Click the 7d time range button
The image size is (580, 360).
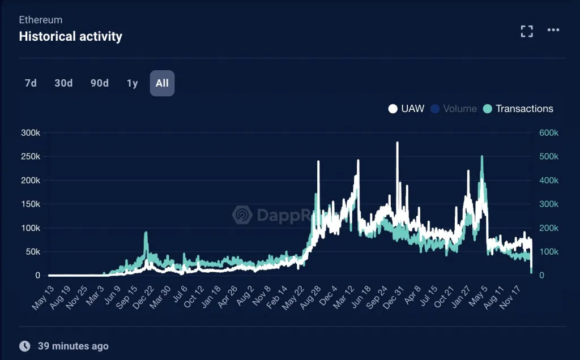[31, 83]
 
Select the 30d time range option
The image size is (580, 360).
[63, 83]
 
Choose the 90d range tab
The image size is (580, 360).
[100, 83]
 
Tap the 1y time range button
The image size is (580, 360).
[132, 83]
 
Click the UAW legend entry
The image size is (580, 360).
[406, 109]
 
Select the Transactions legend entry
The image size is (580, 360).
[518, 109]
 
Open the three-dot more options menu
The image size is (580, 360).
[553, 31]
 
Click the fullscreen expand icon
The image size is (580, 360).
[527, 31]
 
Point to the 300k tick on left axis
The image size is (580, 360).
[30, 133]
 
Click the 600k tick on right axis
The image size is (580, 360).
[548, 133]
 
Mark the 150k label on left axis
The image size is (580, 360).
[30, 204]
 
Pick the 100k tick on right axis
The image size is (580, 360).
[548, 252]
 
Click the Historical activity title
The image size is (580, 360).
[70, 37]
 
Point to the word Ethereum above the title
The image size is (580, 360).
[41, 20]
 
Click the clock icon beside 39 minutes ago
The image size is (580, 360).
[25, 346]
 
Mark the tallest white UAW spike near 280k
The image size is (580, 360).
[397, 143]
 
